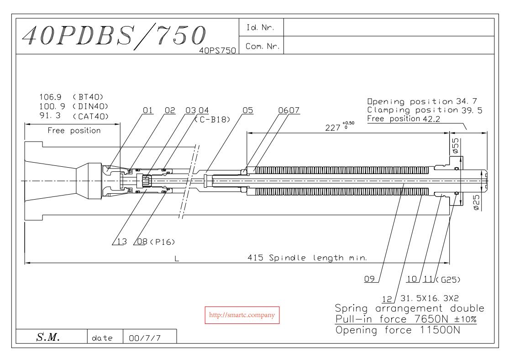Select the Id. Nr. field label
[x=261, y=27]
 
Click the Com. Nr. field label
[x=261, y=45]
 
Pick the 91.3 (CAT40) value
[x=75, y=116]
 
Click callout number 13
[x=121, y=242]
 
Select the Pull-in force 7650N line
[x=405, y=318]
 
